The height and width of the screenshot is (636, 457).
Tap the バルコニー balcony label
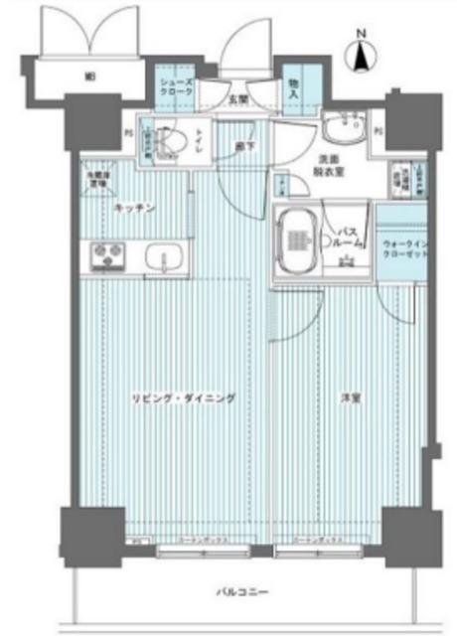pos(242,593)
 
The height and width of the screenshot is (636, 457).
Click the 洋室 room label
pos(349,398)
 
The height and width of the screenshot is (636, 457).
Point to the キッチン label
pos(133,208)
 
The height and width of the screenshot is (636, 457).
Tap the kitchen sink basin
pos(162,260)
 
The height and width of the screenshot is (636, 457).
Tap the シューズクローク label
pos(176,82)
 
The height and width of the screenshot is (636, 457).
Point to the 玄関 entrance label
pos(238,99)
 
